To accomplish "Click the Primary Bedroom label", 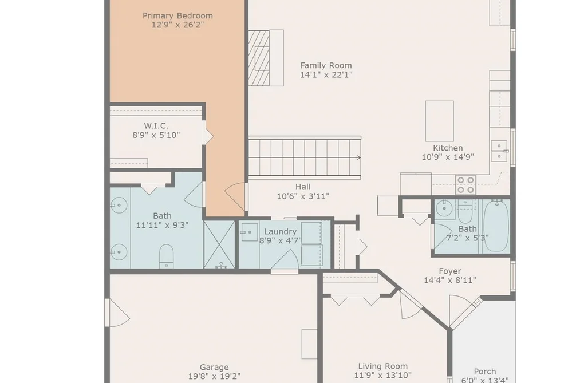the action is (x=177, y=16).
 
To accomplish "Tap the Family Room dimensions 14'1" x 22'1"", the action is (x=326, y=74).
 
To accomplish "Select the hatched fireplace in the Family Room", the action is (x=259, y=58).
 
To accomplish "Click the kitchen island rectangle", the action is (x=440, y=121).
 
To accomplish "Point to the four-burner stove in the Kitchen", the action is (x=465, y=185).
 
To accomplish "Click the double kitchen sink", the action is (x=499, y=151).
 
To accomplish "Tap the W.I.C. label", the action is (x=156, y=126).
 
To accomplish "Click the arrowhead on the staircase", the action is (x=358, y=157).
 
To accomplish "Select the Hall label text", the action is (x=302, y=187).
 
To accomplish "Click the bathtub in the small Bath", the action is (x=496, y=226).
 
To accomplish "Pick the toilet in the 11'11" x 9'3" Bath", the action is (x=166, y=256).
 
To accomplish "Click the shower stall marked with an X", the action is (x=219, y=244).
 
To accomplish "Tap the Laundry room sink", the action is (x=249, y=232).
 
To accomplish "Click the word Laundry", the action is (x=281, y=232).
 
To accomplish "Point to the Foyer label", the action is (x=450, y=271).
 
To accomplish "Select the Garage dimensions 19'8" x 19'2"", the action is (x=214, y=377).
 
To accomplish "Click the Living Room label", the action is (x=383, y=366).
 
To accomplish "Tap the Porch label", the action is (x=485, y=372).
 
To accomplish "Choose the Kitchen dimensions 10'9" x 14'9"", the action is (x=448, y=157).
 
